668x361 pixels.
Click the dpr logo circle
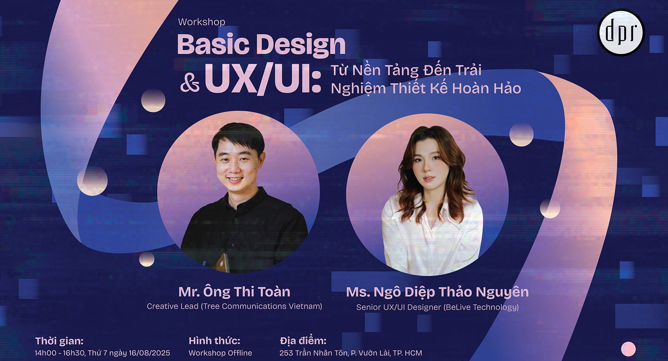[621, 32]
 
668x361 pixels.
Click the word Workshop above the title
[202, 22]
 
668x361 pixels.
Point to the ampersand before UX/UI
[190, 83]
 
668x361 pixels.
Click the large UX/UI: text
[263, 80]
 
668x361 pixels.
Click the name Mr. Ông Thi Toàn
[234, 292]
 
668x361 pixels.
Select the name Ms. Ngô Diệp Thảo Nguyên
[437, 292]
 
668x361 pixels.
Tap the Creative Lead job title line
[234, 306]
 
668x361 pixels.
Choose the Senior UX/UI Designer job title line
[437, 307]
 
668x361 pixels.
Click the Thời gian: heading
[59, 341]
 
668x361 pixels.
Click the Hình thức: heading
[214, 341]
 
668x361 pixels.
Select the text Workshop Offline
[220, 353]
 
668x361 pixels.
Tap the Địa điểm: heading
[303, 341]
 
